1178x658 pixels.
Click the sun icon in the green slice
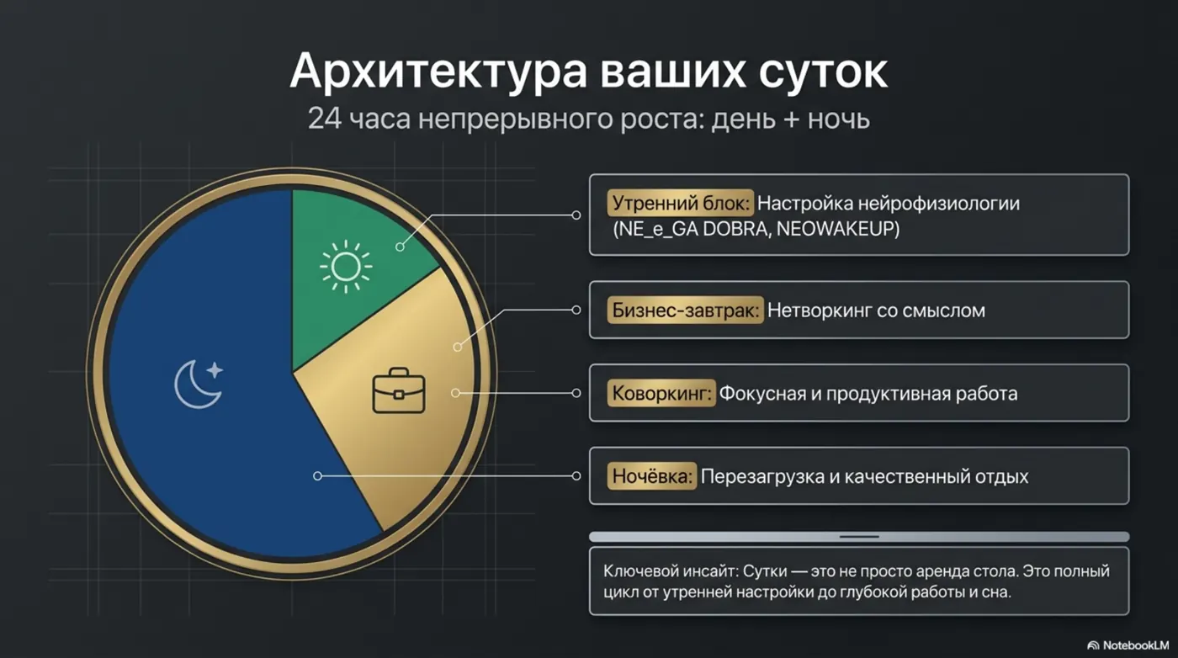point(345,267)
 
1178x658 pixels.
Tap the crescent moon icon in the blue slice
point(199,384)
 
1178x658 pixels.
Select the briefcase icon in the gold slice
point(399,391)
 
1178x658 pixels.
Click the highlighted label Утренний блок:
point(681,203)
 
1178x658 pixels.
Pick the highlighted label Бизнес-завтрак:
point(685,310)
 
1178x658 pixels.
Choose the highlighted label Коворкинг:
point(661,393)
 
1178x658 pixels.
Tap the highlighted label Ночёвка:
point(652,476)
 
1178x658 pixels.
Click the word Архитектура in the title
point(438,72)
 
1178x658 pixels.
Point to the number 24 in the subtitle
point(325,119)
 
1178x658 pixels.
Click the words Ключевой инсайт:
point(669,571)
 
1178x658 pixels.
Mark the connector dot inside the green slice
point(401,247)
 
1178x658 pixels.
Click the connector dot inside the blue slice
point(317,475)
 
